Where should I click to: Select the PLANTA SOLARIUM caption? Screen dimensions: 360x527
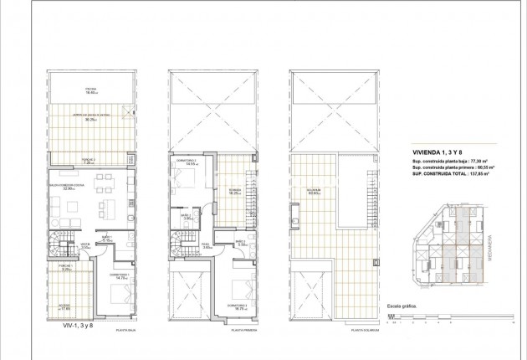click(x=366, y=331)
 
